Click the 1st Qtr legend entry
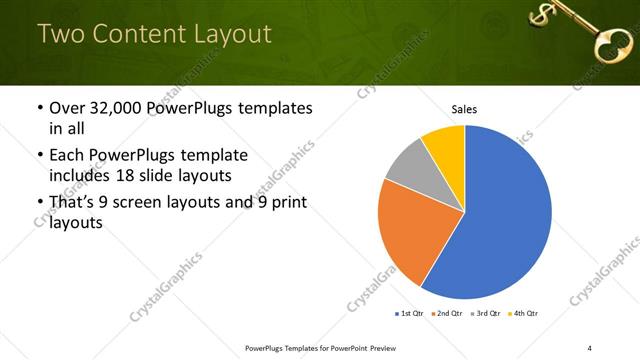coord(410,314)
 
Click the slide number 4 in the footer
coord(590,347)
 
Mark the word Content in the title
coord(134,34)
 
